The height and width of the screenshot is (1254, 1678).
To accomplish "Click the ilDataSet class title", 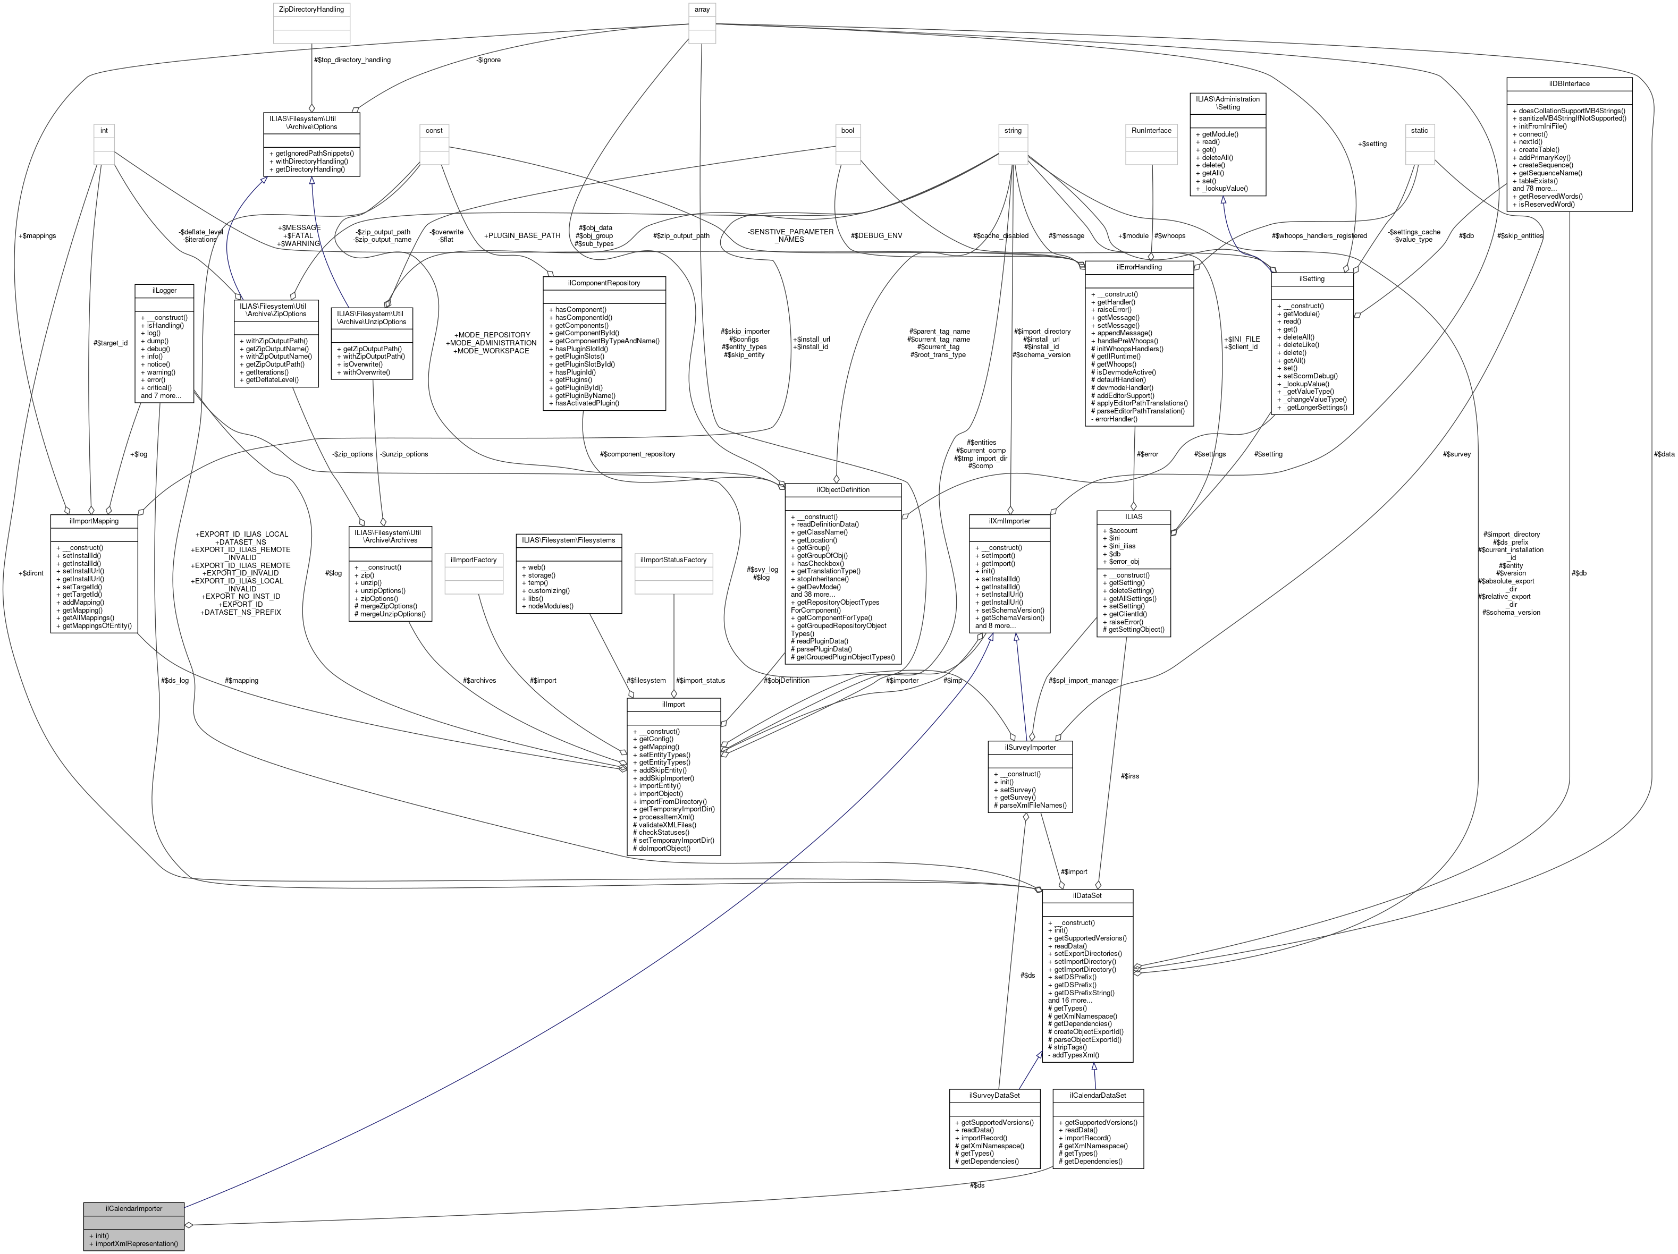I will click(x=1087, y=895).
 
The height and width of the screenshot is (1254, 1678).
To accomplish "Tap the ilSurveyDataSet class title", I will click(x=994, y=1096).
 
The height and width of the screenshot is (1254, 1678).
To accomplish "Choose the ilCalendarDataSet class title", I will click(x=1098, y=1096).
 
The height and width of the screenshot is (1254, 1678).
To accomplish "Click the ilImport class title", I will click(x=673, y=705).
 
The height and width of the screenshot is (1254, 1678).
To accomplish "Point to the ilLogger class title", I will click(x=164, y=290).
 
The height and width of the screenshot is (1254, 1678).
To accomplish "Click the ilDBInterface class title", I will click(x=1569, y=83).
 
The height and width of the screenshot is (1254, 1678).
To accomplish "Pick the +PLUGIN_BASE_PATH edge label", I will click(x=522, y=236).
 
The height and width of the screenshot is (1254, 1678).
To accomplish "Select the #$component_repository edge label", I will click(x=637, y=454).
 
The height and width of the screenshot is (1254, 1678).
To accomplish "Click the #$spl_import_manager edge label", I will click(x=1083, y=680).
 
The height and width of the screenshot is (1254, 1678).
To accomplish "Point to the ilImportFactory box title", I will click(x=474, y=560).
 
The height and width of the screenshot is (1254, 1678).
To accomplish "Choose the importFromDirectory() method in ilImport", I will click(x=673, y=801).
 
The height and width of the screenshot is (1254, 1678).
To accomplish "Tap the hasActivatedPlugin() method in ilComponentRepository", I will click(x=587, y=403).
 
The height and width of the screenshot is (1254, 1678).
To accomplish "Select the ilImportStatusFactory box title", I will click(x=673, y=560).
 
